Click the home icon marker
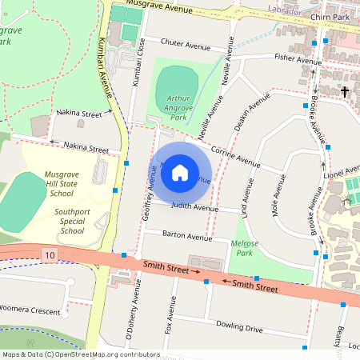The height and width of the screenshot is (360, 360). pyautogui.click(x=180, y=171)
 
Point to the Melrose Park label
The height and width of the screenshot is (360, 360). pyautogui.click(x=242, y=246)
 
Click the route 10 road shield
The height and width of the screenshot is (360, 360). pyautogui.click(x=51, y=254)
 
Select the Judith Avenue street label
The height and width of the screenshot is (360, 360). pyautogui.click(x=195, y=208)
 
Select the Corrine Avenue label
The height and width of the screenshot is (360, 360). pyautogui.click(x=236, y=156)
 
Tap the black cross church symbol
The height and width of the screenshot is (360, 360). pyautogui.click(x=345, y=92)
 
